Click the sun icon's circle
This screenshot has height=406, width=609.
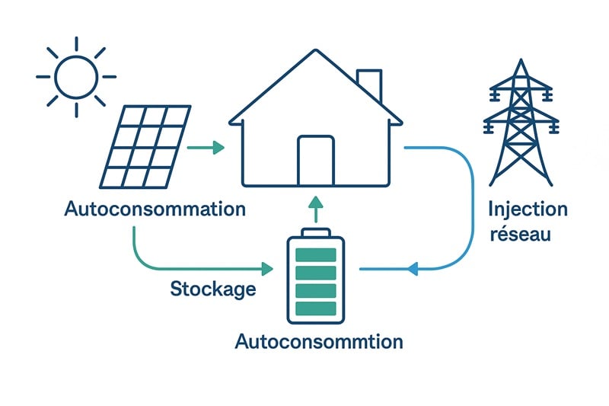(x=76, y=77)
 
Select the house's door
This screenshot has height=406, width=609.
(x=316, y=161)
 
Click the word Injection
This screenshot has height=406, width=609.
(x=528, y=209)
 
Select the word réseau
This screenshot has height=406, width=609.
(x=519, y=234)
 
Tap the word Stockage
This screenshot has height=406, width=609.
(x=212, y=289)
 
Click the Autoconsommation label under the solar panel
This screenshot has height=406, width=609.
(x=155, y=209)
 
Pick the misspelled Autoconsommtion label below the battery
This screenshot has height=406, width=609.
(x=319, y=340)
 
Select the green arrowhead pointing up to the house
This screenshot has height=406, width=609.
(x=315, y=202)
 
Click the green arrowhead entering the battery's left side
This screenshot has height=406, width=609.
(x=267, y=269)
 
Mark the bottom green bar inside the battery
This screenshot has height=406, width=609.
(x=315, y=308)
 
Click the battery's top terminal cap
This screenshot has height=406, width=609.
(x=315, y=232)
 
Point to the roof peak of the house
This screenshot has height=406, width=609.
(x=315, y=52)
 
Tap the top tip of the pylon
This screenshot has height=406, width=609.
(x=521, y=61)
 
